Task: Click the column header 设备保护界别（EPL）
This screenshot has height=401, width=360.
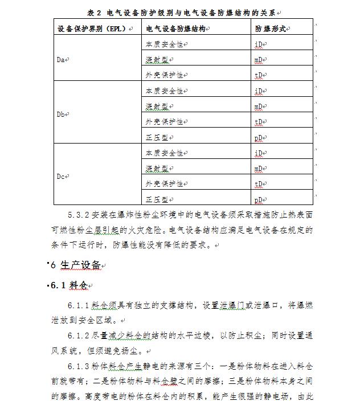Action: point(93,28)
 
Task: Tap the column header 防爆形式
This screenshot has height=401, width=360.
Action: point(271,28)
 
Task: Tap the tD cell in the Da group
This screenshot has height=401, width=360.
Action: point(259,75)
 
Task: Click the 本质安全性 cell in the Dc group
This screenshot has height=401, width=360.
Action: point(164,153)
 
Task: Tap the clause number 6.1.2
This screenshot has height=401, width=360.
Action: point(80,335)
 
